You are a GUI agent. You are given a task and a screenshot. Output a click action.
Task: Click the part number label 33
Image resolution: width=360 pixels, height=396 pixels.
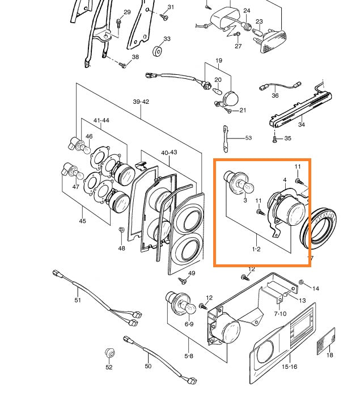(x=167, y=39)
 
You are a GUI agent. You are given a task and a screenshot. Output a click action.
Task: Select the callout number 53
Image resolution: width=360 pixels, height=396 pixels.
(x=248, y=138)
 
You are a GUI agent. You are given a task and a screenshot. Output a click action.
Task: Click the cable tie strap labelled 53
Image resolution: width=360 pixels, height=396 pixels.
(x=226, y=140)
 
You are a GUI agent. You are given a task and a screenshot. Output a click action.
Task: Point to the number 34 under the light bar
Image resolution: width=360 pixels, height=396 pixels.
(x=301, y=125)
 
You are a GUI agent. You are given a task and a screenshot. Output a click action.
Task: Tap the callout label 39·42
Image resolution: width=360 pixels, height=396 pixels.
(x=141, y=102)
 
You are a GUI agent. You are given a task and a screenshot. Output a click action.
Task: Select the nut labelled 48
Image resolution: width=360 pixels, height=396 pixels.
(x=121, y=230)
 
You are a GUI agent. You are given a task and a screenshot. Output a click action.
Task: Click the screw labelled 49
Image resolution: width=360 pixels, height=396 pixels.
(x=183, y=280)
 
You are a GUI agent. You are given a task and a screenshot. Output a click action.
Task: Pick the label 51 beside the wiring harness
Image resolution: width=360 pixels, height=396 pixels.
(x=78, y=300)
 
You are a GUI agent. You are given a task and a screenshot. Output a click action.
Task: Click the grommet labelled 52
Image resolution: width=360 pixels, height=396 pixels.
(x=109, y=353)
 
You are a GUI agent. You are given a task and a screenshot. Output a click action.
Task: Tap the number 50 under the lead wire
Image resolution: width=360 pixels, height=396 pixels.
(x=148, y=366)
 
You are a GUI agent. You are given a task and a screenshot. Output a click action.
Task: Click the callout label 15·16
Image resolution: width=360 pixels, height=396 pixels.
(x=290, y=367)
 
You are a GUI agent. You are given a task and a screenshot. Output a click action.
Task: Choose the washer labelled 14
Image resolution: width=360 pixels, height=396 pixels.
(x=300, y=282)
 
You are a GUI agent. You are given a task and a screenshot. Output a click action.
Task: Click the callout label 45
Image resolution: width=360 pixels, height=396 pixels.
(x=82, y=221)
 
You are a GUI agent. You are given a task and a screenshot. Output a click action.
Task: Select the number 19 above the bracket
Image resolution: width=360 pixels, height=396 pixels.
(x=218, y=60)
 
